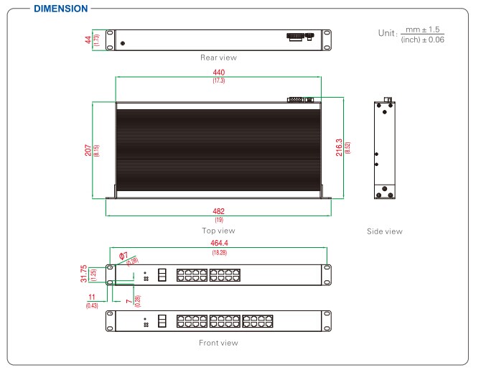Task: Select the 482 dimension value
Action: click(x=218, y=211)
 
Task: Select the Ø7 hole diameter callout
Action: click(x=123, y=256)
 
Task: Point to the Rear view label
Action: click(x=219, y=57)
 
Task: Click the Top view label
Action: click(x=218, y=231)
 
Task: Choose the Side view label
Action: click(x=384, y=231)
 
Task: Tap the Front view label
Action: click(x=219, y=343)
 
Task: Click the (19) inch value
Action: click(x=218, y=219)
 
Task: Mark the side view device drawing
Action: click(x=384, y=150)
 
